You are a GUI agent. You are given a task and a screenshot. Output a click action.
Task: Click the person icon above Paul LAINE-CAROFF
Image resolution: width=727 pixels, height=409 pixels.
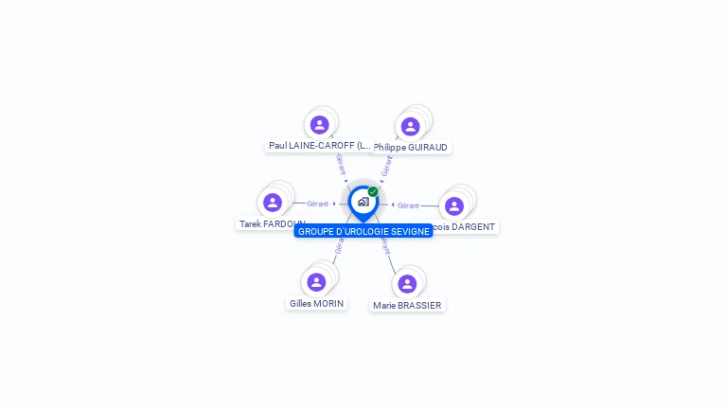tap(319, 124)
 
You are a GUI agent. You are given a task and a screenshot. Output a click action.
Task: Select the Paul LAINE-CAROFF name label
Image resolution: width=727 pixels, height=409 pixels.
tap(319, 146)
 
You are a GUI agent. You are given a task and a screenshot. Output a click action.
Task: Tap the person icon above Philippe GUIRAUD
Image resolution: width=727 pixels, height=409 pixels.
tap(410, 126)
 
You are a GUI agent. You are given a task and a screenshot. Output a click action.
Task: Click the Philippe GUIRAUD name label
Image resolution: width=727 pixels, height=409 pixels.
tap(411, 148)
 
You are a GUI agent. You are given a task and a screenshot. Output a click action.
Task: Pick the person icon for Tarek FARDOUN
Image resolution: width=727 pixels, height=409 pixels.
tap(273, 203)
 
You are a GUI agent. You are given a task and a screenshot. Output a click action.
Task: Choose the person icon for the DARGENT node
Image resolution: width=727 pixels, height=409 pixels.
tap(454, 206)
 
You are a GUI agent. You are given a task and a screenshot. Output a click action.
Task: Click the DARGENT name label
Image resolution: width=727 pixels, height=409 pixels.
tap(464, 227)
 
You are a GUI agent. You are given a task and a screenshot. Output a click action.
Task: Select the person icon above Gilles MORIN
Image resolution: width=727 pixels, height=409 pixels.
tap(316, 282)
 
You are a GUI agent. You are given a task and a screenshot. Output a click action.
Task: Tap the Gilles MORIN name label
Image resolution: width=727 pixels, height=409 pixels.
tap(316, 304)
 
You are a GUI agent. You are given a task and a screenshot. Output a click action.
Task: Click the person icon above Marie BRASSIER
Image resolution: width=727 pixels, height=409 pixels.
tap(407, 284)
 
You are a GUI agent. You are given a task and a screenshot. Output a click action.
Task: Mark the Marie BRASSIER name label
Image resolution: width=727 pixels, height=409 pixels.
tap(407, 306)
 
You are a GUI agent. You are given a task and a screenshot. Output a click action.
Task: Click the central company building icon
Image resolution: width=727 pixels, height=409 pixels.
tap(363, 202)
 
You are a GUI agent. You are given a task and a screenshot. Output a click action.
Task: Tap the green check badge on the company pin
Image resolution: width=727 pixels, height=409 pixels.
tap(373, 192)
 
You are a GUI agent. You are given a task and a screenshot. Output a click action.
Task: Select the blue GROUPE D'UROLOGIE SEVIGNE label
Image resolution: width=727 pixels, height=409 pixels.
tap(363, 231)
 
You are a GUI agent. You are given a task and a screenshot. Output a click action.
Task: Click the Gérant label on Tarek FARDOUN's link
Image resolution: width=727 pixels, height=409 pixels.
tap(317, 204)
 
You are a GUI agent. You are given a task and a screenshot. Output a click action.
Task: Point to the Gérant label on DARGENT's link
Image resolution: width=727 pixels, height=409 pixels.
tap(408, 205)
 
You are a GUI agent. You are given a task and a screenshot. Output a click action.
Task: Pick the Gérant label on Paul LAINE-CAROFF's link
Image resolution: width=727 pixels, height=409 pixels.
tap(341, 164)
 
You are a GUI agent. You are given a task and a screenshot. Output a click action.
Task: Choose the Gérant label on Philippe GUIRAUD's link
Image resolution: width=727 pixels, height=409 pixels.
tap(386, 166)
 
